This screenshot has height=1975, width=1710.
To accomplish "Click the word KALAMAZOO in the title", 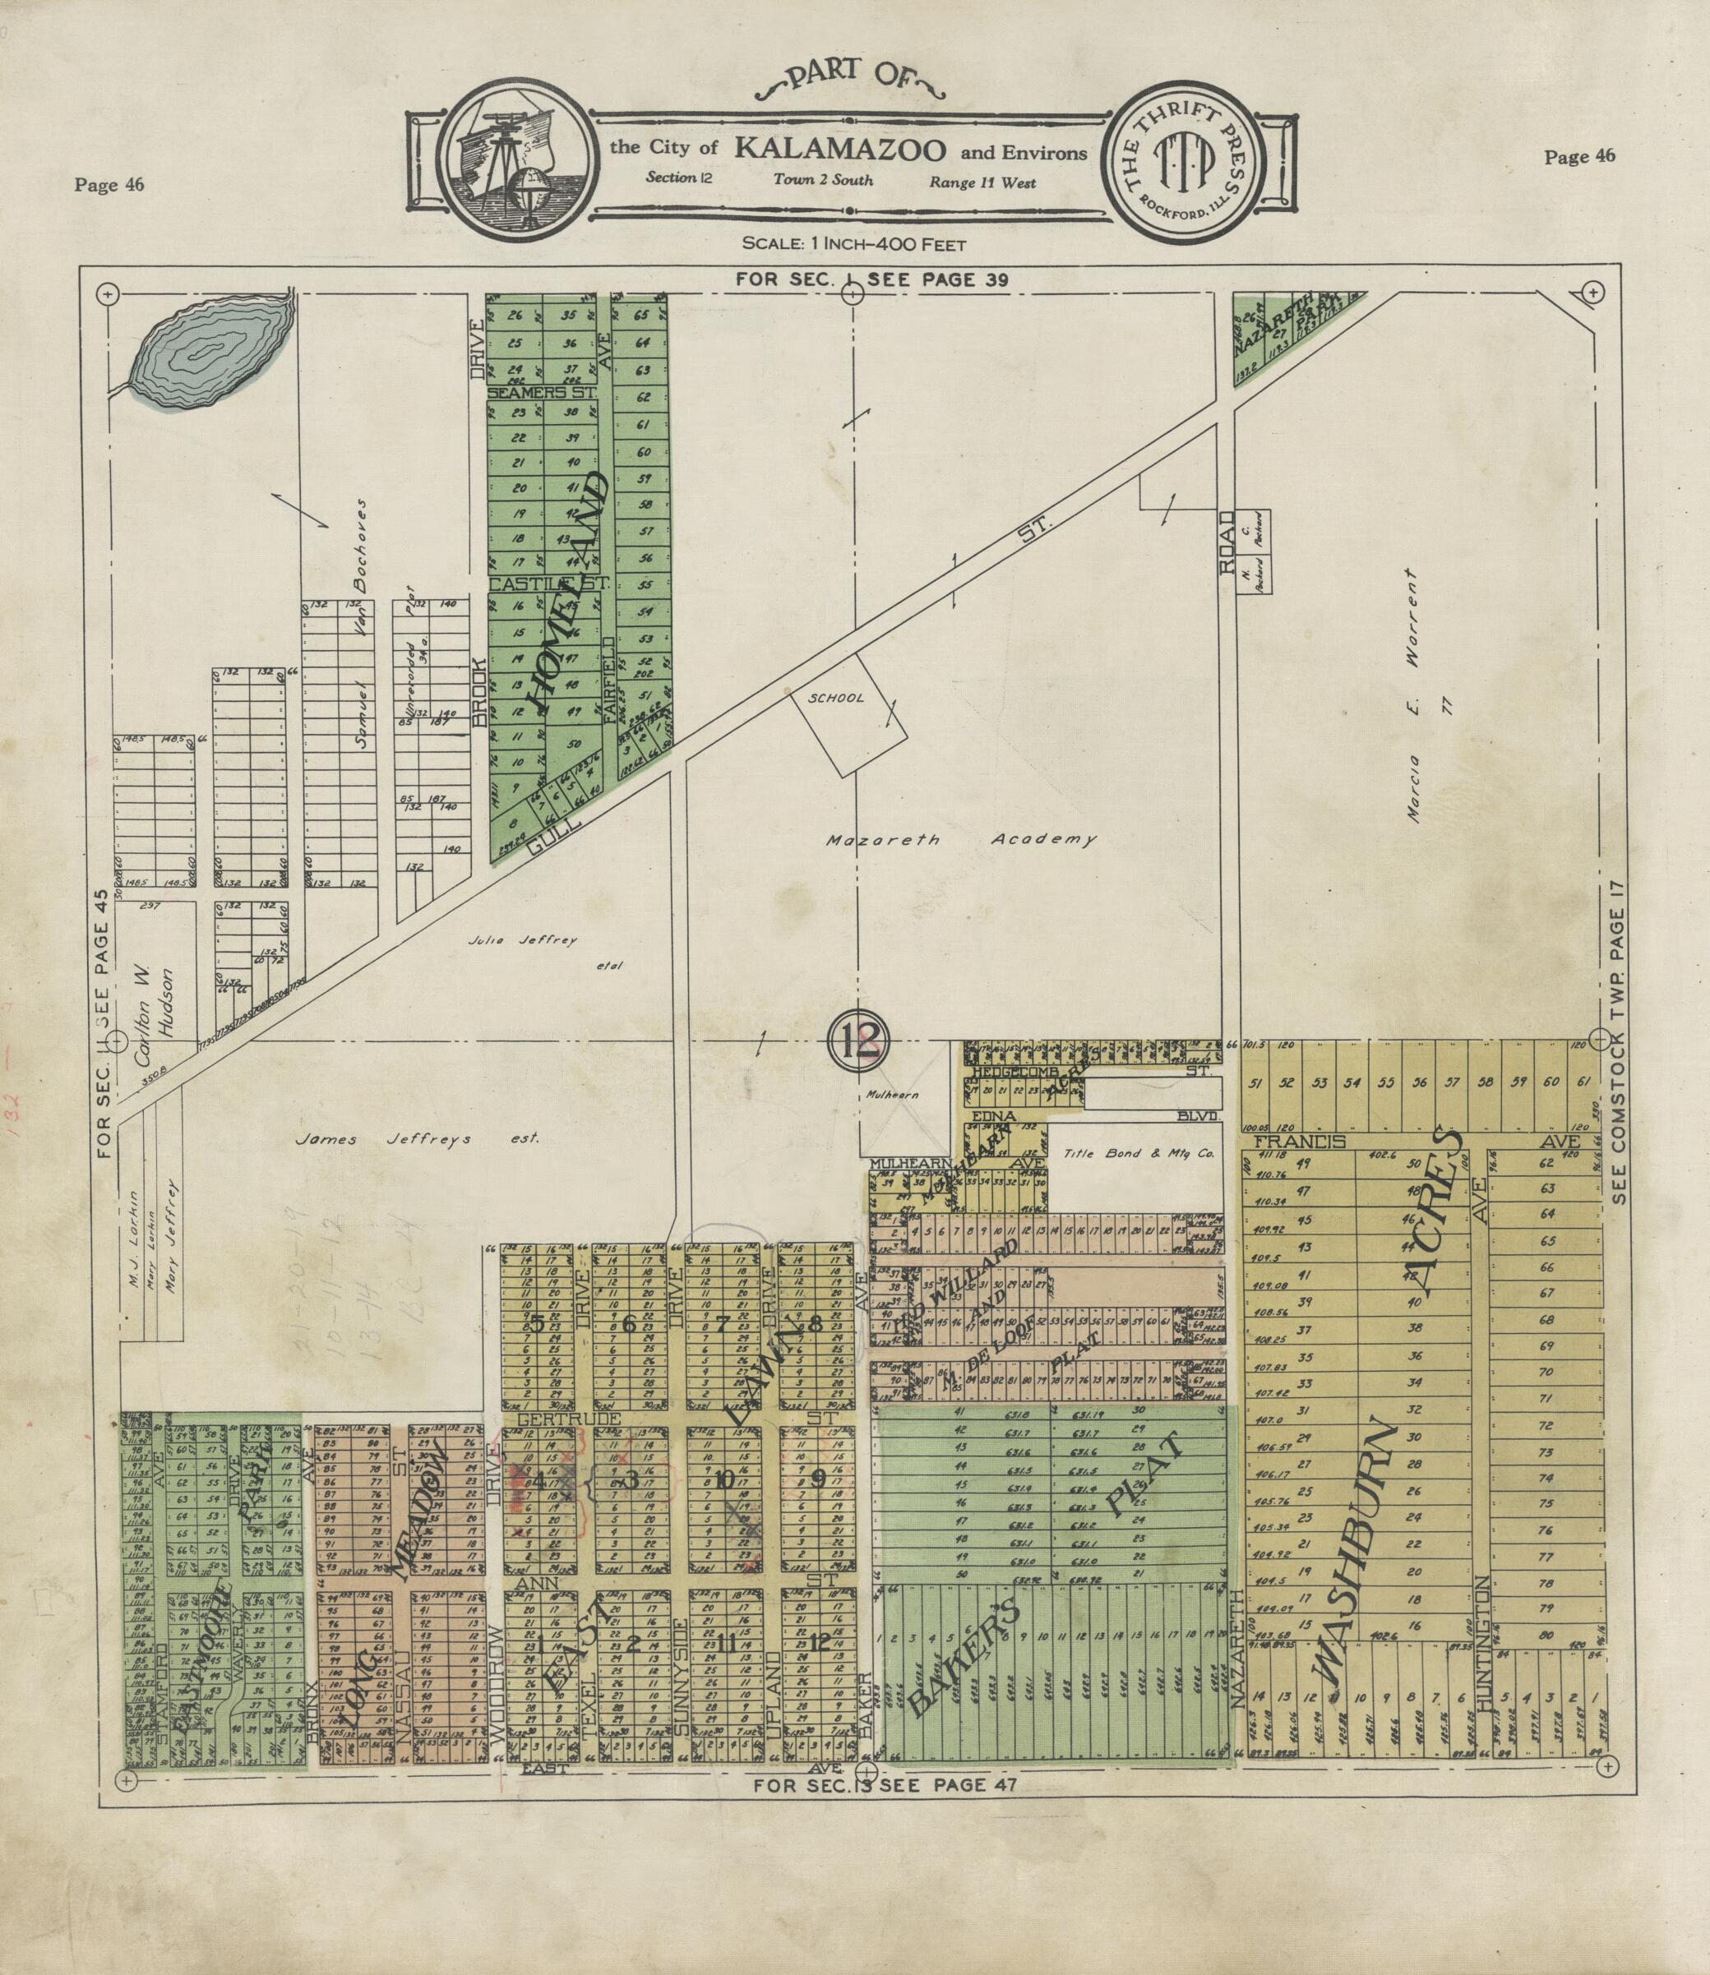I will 839,150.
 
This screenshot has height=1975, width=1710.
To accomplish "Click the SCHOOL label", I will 836,698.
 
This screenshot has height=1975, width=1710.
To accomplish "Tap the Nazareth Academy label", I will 959,841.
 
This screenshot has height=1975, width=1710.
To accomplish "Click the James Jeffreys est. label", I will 418,1138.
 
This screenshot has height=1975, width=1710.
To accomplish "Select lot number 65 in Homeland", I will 641,315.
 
